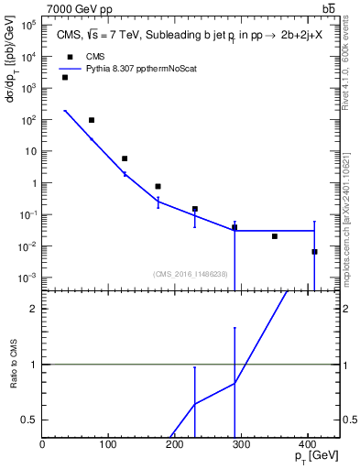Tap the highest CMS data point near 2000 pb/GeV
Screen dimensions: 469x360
pos(65,77)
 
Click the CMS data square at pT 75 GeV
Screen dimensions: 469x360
pos(92,120)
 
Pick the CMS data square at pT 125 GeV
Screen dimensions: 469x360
pos(125,158)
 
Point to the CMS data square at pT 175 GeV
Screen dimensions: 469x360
pos(158,186)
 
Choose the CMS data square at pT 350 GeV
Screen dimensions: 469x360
pos(275,236)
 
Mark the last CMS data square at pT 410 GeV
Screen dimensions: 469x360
pos(314,251)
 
